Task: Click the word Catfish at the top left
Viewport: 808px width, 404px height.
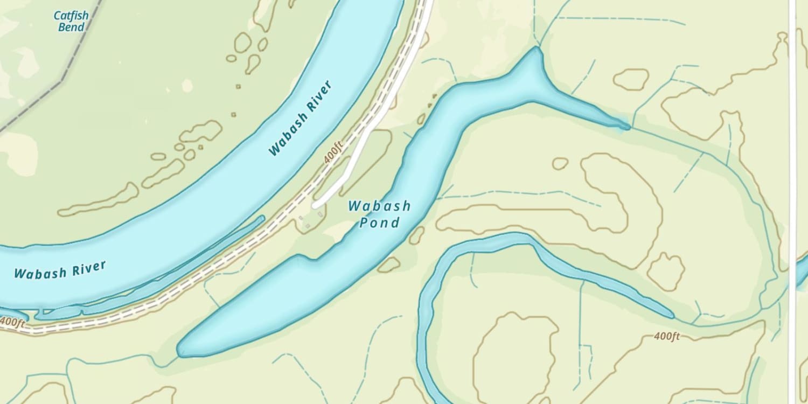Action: tap(71, 16)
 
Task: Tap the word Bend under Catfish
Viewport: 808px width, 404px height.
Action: tap(71, 27)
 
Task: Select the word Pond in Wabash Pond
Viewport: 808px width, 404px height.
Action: tap(380, 222)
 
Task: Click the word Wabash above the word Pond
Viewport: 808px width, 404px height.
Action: tap(379, 206)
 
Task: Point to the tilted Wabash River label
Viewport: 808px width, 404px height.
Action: tap(301, 119)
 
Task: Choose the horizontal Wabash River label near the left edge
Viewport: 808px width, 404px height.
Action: tap(60, 270)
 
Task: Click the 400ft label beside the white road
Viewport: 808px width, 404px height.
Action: tap(333, 152)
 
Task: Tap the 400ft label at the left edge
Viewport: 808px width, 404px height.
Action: tap(12, 322)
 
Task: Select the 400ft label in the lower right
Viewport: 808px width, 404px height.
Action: tap(667, 336)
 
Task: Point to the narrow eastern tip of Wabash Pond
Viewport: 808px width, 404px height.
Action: tap(626, 127)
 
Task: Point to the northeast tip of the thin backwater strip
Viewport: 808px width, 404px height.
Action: tap(262, 218)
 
